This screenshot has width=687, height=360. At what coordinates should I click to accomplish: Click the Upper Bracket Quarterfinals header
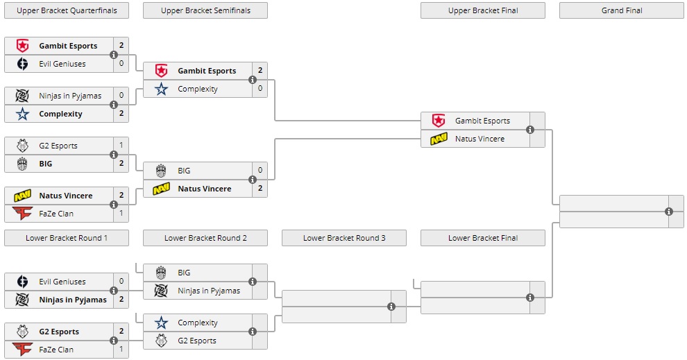[67, 10]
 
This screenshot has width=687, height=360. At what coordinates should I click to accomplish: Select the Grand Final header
[621, 10]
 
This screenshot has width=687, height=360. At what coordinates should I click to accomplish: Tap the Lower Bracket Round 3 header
[344, 238]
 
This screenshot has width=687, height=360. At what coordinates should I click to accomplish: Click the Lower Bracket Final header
[483, 238]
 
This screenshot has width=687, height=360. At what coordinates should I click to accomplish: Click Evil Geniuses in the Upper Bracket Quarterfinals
[62, 64]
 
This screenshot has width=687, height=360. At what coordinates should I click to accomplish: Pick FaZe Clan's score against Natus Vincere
[121, 214]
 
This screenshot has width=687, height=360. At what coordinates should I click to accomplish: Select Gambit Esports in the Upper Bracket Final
[482, 121]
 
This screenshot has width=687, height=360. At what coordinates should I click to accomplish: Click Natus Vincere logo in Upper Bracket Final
[439, 139]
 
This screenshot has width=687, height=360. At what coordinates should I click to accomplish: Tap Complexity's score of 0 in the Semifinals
[260, 89]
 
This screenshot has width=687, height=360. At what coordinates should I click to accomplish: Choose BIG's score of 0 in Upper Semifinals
[260, 171]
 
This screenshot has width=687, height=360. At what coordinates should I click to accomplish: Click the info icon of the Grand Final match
[669, 212]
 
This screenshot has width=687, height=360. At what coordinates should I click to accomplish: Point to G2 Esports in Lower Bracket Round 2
[196, 341]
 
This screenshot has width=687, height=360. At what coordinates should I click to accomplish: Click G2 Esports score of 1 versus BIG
[121, 146]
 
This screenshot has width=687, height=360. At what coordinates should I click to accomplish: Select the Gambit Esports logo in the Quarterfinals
[22, 46]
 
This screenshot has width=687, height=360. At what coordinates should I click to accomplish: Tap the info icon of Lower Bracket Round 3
[391, 307]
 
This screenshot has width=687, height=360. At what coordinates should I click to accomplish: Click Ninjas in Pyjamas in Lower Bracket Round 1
[73, 300]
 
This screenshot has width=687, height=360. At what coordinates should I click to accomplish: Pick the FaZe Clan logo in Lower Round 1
[22, 350]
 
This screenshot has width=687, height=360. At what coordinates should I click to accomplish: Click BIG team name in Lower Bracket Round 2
[184, 273]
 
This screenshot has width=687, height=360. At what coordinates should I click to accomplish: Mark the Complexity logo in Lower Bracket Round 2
[161, 323]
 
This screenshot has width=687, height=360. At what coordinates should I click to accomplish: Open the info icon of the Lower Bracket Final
[530, 298]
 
